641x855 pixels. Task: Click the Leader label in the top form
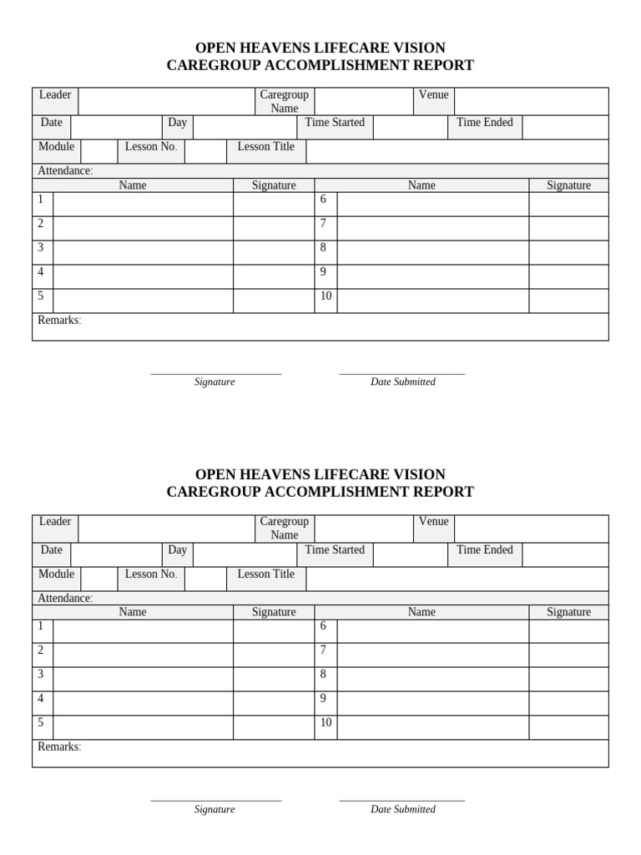pyautogui.click(x=55, y=95)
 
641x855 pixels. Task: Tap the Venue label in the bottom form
pyautogui.click(x=433, y=522)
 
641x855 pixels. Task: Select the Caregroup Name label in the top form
pyautogui.click(x=284, y=102)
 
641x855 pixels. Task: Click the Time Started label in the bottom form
pyautogui.click(x=335, y=550)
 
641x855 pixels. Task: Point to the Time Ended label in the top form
pyautogui.click(x=485, y=123)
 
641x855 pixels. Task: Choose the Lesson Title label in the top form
pyautogui.click(x=265, y=147)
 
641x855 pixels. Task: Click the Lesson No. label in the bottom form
pyautogui.click(x=151, y=574)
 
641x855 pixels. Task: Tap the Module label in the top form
pyautogui.click(x=56, y=147)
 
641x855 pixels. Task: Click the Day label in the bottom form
pyautogui.click(x=177, y=550)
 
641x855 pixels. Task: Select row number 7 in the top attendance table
pyautogui.click(x=323, y=224)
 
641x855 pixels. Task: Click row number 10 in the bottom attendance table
pyautogui.click(x=326, y=723)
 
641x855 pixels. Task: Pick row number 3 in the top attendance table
pyautogui.click(x=40, y=248)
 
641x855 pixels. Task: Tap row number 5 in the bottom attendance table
pyautogui.click(x=40, y=723)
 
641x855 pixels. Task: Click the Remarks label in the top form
pyautogui.click(x=59, y=321)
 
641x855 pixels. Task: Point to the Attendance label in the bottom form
pyautogui.click(x=65, y=599)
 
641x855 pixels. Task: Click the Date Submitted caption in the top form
pyautogui.click(x=402, y=382)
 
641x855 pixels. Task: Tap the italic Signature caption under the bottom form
pyautogui.click(x=215, y=810)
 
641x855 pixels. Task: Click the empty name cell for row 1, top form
pyautogui.click(x=143, y=205)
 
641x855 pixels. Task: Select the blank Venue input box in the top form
pyautogui.click(x=531, y=101)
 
